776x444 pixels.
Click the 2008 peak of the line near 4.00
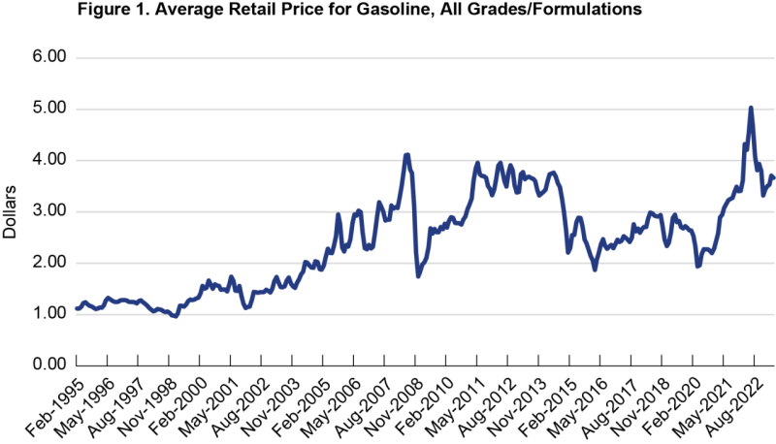pyautogui.click(x=407, y=155)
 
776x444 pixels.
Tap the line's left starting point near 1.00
pyautogui.click(x=77, y=308)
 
